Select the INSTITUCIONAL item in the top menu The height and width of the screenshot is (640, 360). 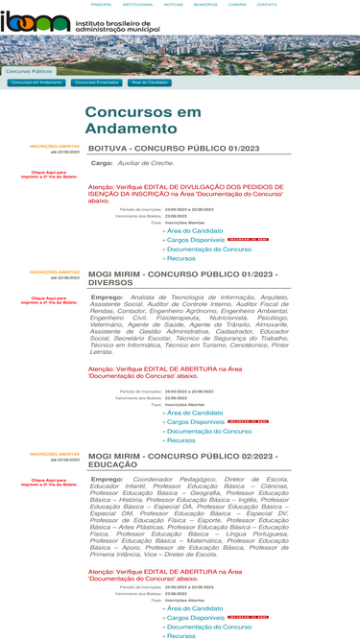(137, 5)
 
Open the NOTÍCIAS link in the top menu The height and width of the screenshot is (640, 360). (174, 5)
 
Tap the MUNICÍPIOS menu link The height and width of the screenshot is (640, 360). (205, 5)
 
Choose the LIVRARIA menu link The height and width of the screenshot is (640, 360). (237, 5)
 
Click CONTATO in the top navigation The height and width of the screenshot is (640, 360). (267, 5)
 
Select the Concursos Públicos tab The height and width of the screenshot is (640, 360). (29, 71)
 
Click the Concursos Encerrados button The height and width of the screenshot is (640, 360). (97, 83)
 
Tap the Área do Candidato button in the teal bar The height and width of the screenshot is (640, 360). (150, 83)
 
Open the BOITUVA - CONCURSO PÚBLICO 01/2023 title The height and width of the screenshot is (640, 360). (174, 149)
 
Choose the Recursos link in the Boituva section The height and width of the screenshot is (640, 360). (180, 258)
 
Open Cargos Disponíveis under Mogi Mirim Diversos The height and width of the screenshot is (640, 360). (195, 421)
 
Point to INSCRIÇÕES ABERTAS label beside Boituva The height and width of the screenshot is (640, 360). (55, 146)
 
